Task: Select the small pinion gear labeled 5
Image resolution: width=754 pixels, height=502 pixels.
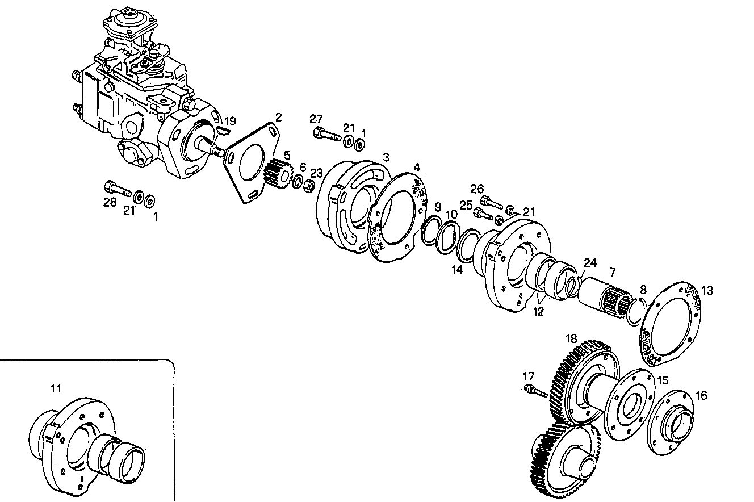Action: (277, 173)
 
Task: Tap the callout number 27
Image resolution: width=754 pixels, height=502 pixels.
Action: (316, 119)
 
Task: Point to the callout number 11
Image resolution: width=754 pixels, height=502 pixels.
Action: (55, 388)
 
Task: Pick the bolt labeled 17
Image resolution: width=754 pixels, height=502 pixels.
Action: (535, 390)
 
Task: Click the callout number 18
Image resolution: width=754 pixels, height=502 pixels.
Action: (570, 338)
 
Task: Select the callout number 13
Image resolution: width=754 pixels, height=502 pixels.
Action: (706, 291)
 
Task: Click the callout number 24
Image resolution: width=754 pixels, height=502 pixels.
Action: (590, 263)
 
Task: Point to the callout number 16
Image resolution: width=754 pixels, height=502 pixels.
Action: (702, 396)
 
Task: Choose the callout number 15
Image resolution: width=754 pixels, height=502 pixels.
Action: (663, 380)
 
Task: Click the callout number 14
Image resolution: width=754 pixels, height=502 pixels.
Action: (458, 270)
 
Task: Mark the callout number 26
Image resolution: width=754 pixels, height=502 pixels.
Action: (477, 188)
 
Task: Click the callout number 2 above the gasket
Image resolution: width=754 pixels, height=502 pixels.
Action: (278, 117)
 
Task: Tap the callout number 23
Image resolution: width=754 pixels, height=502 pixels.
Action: (316, 173)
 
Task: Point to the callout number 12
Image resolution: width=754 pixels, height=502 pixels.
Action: (538, 312)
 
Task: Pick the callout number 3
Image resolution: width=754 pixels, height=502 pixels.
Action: (386, 157)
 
